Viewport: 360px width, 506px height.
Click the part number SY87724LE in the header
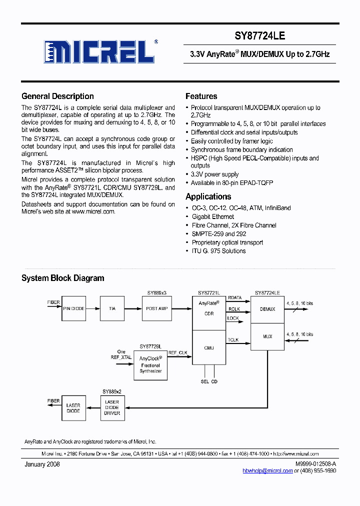tap(260, 36)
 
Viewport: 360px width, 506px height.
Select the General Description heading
tap(57, 96)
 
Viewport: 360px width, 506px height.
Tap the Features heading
tap(201, 96)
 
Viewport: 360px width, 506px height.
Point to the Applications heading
tap(208, 196)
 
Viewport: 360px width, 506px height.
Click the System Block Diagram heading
tap(62, 278)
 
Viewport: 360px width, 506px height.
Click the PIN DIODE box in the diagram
tap(73, 308)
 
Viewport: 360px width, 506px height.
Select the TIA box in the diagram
tap(112, 308)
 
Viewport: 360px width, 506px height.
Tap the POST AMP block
tap(156, 308)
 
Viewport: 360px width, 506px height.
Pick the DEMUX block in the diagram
tap(267, 309)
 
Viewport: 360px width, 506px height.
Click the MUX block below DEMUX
tap(267, 336)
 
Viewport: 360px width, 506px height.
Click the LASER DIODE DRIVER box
tap(112, 407)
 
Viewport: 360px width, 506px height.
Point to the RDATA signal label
tap(234, 298)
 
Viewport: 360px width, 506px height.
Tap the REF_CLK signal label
tap(177, 353)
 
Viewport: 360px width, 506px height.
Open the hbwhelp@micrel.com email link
tap(267, 470)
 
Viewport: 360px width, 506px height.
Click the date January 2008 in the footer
tap(42, 464)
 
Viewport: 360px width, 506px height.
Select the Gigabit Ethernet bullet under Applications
tap(213, 216)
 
